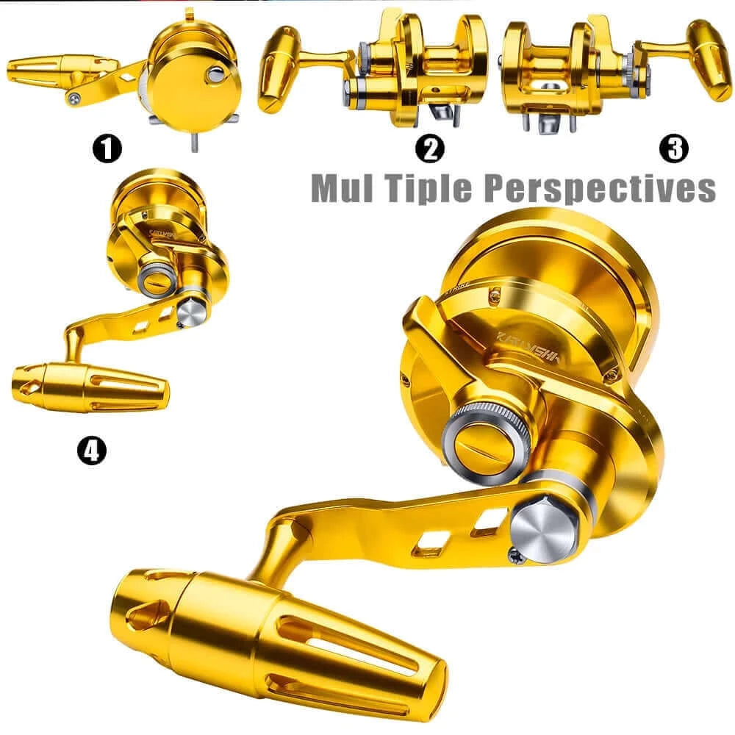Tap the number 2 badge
430,149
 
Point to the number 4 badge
91,450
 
